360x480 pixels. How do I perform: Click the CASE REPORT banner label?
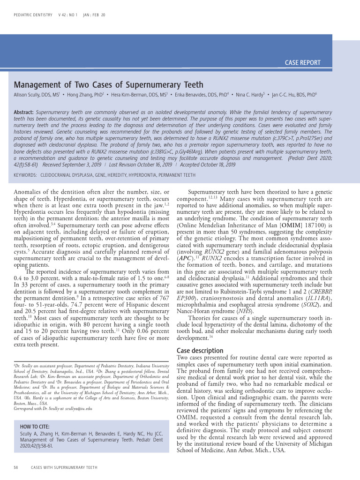click(x=302, y=62)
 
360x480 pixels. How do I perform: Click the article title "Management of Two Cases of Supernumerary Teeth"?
click(x=109, y=85)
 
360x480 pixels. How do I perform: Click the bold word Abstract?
click(x=23, y=113)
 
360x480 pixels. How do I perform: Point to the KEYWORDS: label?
click(x=25, y=175)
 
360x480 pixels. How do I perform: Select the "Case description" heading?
click(x=200, y=351)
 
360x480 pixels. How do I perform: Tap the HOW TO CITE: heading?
click(x=36, y=426)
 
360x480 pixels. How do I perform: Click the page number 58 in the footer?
click(x=15, y=467)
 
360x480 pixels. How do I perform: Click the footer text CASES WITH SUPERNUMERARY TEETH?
click(x=64, y=467)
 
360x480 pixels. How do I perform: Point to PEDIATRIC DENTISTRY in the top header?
click(x=33, y=15)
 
